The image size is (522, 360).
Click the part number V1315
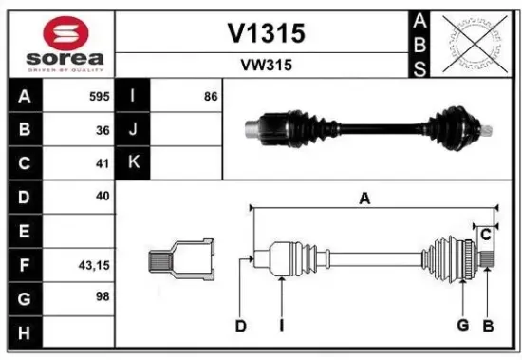point(265,33)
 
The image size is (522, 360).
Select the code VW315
point(265,66)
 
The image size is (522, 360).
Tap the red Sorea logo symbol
point(59,33)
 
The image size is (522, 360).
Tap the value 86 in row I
point(210,97)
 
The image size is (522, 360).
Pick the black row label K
point(133,162)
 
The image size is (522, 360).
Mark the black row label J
point(133,130)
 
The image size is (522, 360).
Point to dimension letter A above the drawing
point(364,198)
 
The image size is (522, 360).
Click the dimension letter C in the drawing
point(485,234)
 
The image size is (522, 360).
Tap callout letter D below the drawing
point(241,326)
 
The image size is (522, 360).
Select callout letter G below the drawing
point(462,326)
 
